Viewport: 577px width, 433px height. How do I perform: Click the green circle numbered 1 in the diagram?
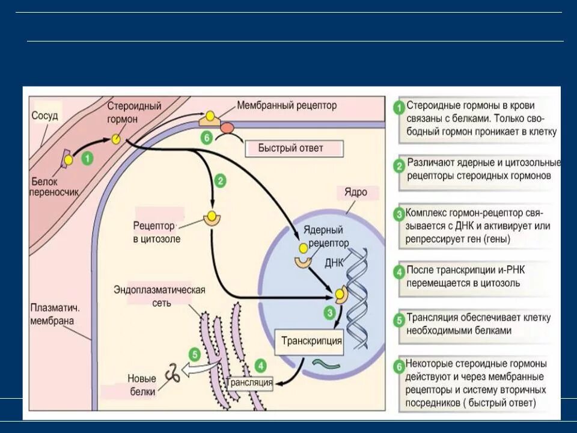click(88, 158)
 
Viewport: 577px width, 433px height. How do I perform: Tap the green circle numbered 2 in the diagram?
click(221, 180)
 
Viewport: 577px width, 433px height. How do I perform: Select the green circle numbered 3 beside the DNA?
click(329, 312)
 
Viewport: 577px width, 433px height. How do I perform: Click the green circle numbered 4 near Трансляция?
click(260, 365)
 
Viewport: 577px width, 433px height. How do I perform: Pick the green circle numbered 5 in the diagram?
click(194, 354)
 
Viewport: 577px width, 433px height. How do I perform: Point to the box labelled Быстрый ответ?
click(293, 148)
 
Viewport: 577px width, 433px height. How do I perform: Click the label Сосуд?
click(44, 115)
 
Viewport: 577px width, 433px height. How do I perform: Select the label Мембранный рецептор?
click(287, 105)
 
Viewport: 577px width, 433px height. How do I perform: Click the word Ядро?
click(355, 193)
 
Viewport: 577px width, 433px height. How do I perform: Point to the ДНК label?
click(334, 263)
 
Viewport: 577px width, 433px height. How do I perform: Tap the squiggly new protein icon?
click(173, 373)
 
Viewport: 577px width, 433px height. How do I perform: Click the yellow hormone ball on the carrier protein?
click(69, 160)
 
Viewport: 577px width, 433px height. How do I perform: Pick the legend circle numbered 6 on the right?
click(398, 366)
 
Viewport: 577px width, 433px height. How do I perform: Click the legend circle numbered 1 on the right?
click(398, 108)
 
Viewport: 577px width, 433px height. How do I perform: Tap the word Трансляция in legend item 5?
click(433, 318)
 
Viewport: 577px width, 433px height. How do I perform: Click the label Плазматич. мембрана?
click(55, 313)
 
